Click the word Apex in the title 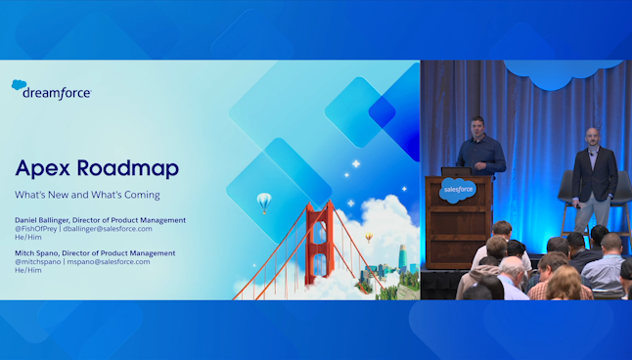(46, 168)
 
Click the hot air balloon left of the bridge (263, 202)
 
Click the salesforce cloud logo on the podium (456, 191)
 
